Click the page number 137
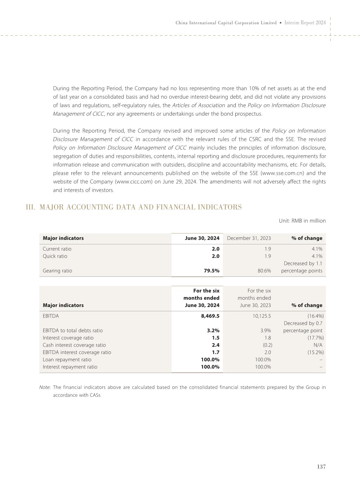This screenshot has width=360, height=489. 321,467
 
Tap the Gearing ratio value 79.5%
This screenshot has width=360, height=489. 211,271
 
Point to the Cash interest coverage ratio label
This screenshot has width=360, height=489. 74,345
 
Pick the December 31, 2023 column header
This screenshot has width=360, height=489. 249,238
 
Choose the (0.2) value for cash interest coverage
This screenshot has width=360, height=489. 267,345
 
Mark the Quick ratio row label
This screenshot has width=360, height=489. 55,256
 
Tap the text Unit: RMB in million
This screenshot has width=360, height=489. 302,221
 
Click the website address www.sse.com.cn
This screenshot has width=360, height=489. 284,173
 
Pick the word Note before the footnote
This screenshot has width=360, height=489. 45,387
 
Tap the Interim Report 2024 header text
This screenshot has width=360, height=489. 305,23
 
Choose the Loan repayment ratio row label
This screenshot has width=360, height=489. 67,359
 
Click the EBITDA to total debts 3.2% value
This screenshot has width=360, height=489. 213,330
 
